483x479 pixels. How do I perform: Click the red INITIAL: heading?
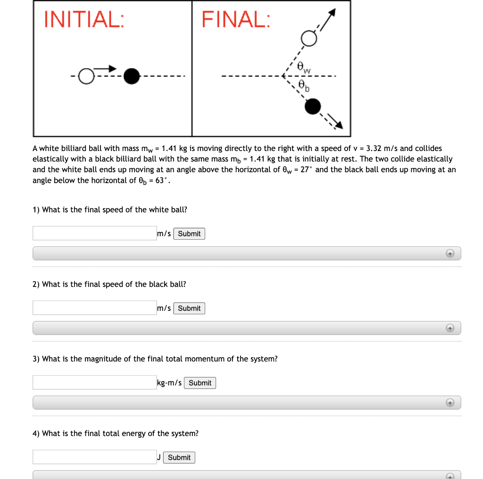coord(84,20)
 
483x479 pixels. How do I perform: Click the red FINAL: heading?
coord(236,20)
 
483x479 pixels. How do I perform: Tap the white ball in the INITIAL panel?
coord(86,76)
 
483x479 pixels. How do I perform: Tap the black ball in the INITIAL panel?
coord(132,76)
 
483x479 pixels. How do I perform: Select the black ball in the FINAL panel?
coord(313,107)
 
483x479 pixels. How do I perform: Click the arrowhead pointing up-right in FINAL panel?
coord(333,13)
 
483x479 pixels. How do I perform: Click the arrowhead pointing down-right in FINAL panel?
coord(339,125)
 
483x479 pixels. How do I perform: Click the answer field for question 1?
coord(94,233)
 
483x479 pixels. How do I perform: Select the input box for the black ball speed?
coord(94,308)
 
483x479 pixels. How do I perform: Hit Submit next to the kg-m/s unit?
coord(200,383)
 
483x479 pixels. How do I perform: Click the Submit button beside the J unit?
coord(179,457)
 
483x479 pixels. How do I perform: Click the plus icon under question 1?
coord(450,254)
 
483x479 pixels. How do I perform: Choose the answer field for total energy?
coord(94,457)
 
